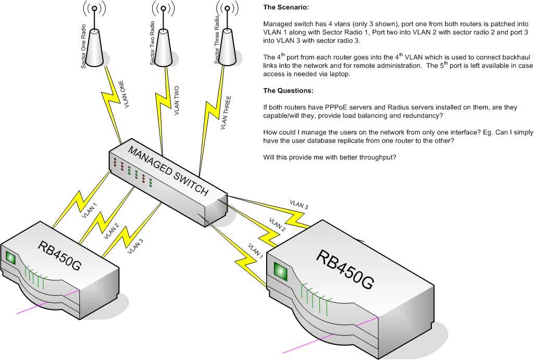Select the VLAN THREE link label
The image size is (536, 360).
(x=227, y=113)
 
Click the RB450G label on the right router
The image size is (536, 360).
(x=345, y=269)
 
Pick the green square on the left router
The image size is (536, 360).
(x=11, y=257)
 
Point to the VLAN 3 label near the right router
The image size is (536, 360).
(x=300, y=205)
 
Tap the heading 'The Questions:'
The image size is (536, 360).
(x=288, y=91)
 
